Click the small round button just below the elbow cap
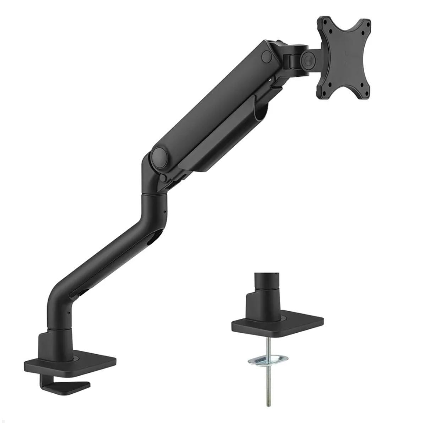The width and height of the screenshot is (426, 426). [x=163, y=177]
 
